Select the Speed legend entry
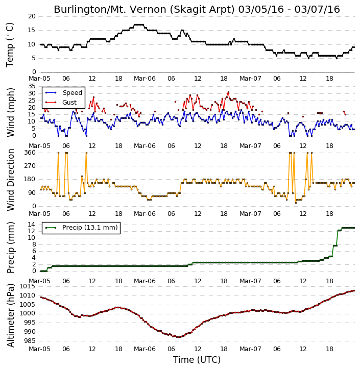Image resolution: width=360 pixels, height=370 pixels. point(64,92)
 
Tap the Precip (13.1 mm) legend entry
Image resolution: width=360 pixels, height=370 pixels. point(81,228)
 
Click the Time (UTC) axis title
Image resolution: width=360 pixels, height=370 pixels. point(197,360)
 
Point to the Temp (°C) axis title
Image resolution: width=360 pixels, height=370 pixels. point(10,45)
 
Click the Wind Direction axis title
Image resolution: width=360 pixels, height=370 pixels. point(11,180)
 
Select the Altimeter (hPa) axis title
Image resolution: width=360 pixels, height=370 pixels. point(10,315)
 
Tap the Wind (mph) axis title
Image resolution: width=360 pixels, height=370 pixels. point(11,112)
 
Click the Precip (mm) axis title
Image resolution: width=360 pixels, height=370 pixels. point(10,248)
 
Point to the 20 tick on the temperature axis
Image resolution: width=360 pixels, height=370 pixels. point(32,16)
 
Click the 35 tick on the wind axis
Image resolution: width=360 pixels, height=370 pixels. point(32,86)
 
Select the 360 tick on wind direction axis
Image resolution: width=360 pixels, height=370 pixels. point(30,153)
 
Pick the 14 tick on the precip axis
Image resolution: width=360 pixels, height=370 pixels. point(32,224)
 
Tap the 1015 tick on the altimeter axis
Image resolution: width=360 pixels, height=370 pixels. point(28,286)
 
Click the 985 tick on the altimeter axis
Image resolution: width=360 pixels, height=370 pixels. point(30,341)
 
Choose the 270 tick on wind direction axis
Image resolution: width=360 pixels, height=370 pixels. point(30,166)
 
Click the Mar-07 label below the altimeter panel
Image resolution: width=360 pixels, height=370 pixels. point(250,349)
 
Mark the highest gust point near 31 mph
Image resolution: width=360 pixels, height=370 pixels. point(228,92)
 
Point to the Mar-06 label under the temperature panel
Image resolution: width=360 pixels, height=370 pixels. point(145,79)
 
